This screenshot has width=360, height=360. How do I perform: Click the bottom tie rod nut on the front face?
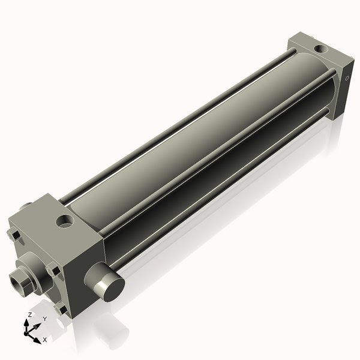point(61,310)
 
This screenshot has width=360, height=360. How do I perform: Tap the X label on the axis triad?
point(44,340)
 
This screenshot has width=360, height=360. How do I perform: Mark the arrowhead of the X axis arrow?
point(38,337)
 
